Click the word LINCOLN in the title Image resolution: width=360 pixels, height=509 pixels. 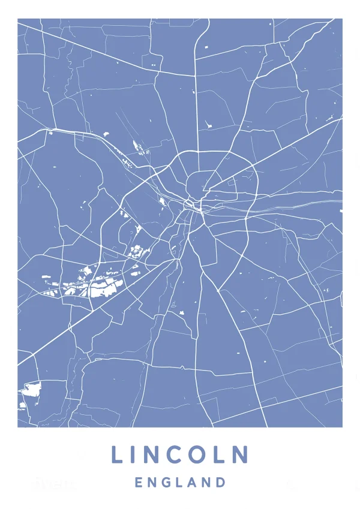click(x=180, y=454)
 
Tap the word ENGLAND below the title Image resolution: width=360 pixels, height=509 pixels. click(x=180, y=482)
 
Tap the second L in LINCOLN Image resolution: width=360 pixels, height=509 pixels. click(x=219, y=454)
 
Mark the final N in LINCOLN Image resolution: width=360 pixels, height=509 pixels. click(x=240, y=454)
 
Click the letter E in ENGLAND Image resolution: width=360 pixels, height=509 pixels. click(x=139, y=482)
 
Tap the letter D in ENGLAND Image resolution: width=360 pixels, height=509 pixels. click(x=221, y=482)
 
